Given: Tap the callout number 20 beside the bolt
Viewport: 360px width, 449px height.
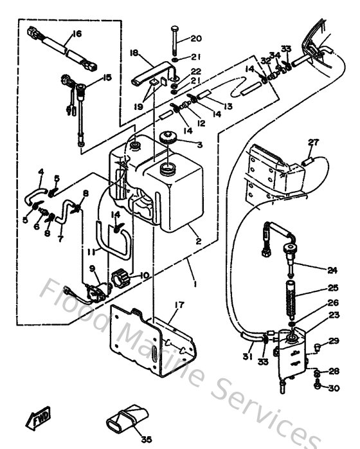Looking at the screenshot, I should (196, 39).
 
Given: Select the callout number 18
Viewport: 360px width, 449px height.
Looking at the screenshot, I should (134, 54).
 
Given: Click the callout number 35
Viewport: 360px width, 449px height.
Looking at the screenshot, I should (146, 440).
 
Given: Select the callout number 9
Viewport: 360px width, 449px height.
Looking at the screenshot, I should (92, 268).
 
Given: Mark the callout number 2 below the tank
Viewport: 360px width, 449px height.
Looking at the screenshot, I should (199, 242).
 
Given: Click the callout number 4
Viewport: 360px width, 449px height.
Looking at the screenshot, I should (40, 172).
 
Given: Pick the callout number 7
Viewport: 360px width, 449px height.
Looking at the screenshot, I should (60, 239).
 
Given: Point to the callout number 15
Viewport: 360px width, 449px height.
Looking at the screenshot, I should (107, 77).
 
